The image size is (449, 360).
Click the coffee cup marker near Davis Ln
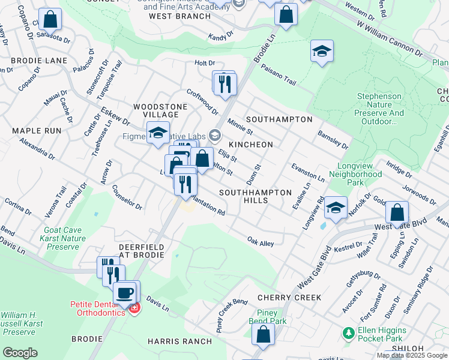(x=125, y=292)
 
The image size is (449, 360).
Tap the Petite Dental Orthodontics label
(x=96, y=308)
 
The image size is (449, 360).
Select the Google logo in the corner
(x=20, y=353)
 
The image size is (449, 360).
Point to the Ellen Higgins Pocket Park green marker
(x=347, y=332)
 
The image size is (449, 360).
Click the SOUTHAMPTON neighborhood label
(x=279, y=119)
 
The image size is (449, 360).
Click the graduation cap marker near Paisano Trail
(x=322, y=52)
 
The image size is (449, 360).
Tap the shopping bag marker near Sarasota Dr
(x=50, y=19)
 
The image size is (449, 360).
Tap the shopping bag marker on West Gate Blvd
(x=397, y=212)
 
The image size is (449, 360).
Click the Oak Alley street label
(x=261, y=241)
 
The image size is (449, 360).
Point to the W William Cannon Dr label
(x=390, y=39)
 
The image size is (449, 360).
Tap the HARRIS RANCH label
(x=179, y=341)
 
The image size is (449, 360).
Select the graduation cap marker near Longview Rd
(x=336, y=208)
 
